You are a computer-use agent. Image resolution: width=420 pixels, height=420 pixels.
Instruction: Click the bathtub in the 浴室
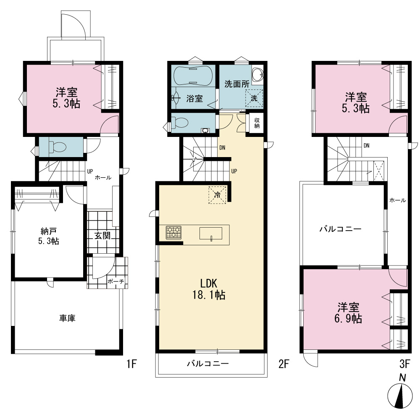193,76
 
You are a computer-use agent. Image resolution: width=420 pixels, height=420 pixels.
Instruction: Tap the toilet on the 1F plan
58,147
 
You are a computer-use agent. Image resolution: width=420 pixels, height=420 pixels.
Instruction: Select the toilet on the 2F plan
180,123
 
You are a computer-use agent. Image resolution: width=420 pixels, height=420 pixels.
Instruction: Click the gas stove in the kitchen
173,233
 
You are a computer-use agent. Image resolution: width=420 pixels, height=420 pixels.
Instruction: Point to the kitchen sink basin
211,233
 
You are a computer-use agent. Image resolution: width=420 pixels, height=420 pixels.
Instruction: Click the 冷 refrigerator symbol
218,195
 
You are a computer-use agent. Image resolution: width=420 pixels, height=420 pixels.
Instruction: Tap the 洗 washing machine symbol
254,98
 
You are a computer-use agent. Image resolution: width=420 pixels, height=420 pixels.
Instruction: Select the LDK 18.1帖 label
209,289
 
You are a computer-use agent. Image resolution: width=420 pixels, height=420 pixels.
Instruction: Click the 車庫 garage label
67,318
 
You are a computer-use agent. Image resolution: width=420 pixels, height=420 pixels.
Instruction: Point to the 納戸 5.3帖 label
48,236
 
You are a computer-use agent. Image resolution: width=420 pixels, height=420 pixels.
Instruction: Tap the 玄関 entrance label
102,236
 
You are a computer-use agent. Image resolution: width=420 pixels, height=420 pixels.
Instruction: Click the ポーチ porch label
116,281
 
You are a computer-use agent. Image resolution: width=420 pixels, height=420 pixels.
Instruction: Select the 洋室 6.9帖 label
348,313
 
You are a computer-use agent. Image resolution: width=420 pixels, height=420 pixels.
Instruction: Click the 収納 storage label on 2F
257,123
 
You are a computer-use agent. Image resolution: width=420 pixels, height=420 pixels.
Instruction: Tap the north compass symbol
400,396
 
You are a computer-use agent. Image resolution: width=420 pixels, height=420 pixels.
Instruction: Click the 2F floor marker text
284,364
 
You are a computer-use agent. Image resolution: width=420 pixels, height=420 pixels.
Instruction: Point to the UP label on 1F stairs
90,171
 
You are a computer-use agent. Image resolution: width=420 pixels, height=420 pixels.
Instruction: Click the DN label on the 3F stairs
366,145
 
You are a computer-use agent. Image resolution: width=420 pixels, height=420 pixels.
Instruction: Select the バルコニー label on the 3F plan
341,229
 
